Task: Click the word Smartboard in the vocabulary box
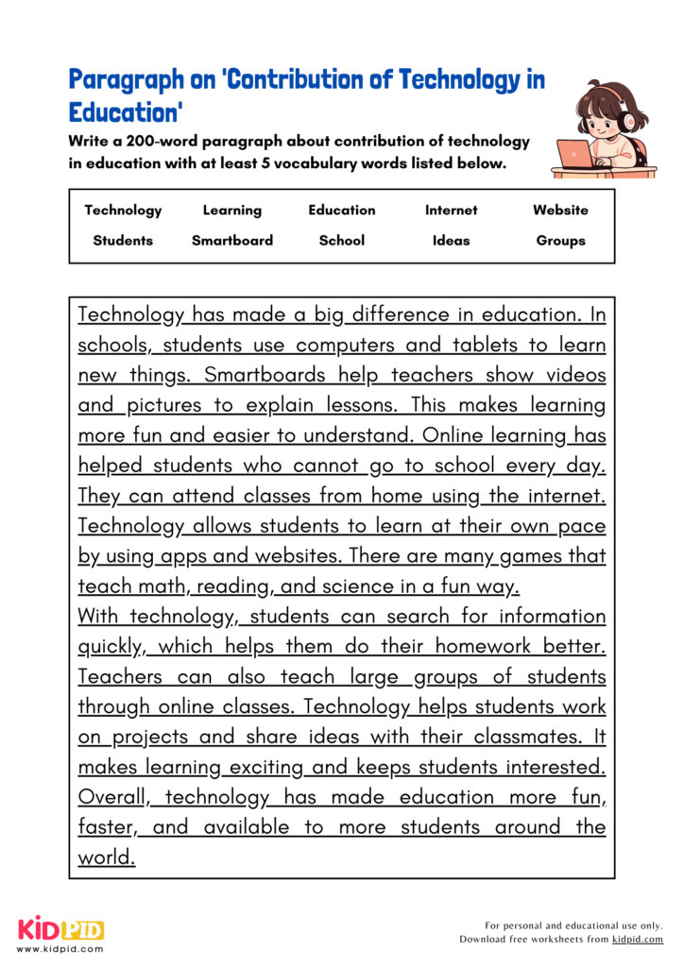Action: [x=231, y=241]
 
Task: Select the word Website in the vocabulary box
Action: [x=560, y=211]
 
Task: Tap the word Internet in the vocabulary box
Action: [x=451, y=211]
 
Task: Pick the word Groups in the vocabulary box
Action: [x=560, y=241]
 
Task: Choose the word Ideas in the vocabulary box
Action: [x=451, y=241]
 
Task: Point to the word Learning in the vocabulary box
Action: [x=231, y=211]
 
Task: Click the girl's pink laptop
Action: [x=573, y=155]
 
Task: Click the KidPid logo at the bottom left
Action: [x=60, y=929]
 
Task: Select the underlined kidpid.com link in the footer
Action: [x=637, y=940]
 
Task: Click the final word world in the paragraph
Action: [x=106, y=857]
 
